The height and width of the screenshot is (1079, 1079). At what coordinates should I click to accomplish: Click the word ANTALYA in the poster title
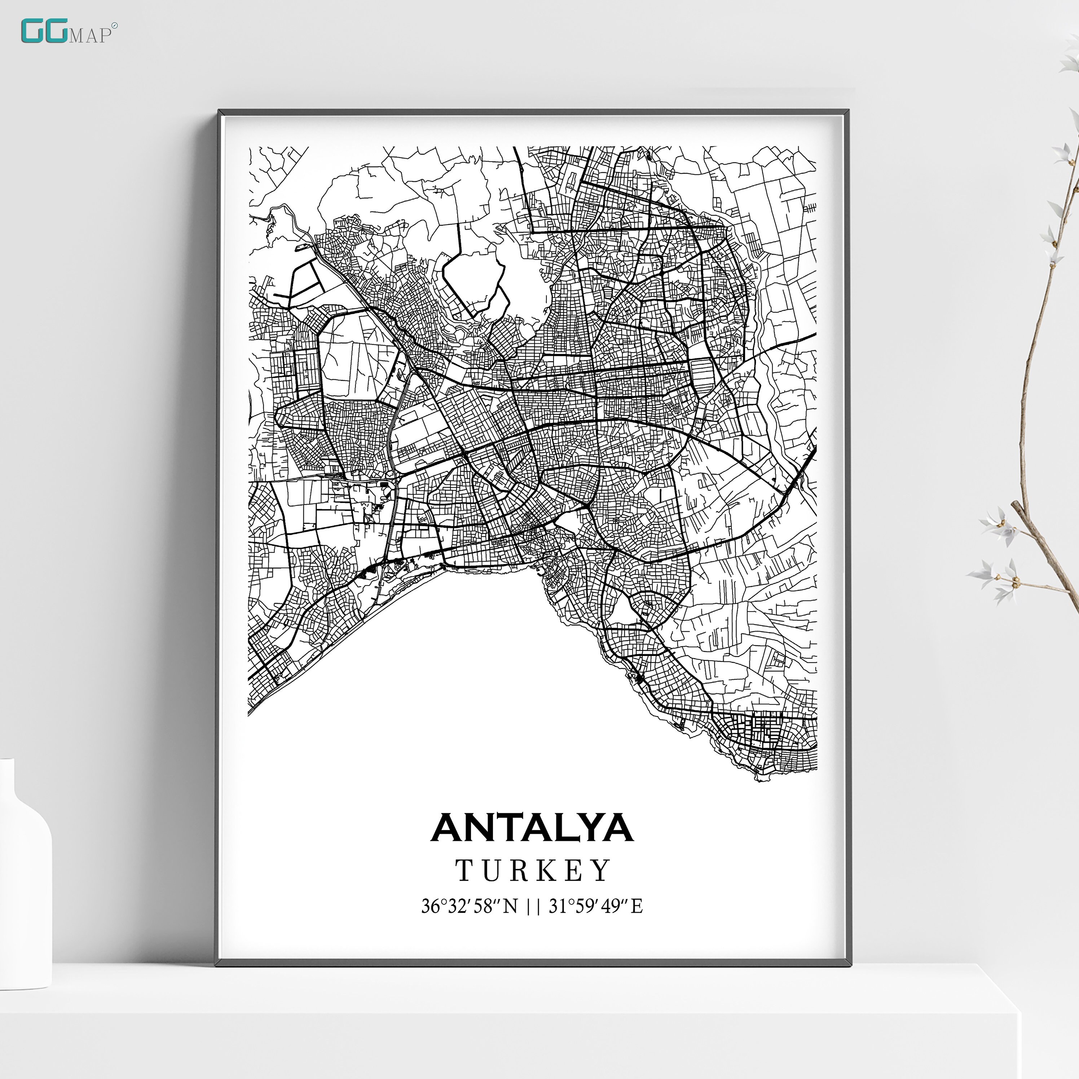[532, 828]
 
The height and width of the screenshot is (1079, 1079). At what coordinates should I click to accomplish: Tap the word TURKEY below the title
[533, 871]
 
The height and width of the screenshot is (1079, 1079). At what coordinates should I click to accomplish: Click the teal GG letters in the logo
[44, 31]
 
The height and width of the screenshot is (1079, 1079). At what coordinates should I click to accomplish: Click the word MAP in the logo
[90, 36]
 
